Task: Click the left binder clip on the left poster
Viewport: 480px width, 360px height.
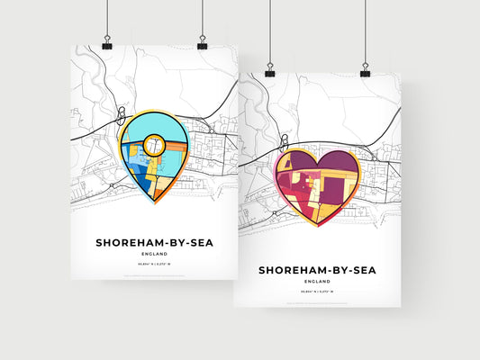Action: point(107,44)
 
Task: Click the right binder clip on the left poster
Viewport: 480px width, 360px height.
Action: point(202,44)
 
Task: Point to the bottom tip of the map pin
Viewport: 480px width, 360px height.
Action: point(153,203)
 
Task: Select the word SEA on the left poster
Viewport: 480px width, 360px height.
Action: point(201,243)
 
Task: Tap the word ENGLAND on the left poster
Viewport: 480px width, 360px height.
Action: point(153,256)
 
